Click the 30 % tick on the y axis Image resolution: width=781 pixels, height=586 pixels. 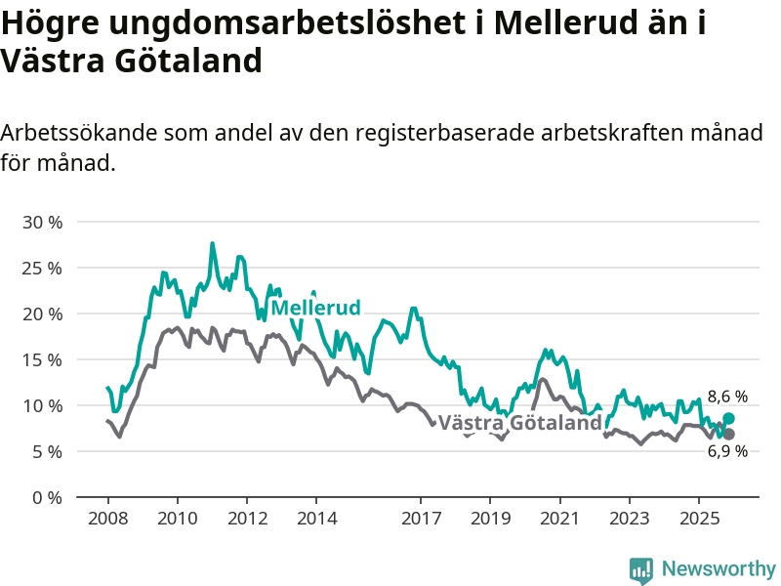[42, 222]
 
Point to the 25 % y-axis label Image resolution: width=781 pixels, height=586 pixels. [42, 268]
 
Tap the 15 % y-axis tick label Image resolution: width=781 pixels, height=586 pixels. [42, 359]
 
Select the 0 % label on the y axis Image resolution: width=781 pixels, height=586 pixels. [47, 497]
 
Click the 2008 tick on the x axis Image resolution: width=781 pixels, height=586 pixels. [106, 517]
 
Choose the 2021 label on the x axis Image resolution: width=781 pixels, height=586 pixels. [559, 517]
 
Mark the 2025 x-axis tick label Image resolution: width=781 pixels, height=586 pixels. [698, 517]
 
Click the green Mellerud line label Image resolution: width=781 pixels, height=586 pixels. [315, 308]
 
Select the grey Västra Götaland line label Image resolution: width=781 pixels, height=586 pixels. [520, 423]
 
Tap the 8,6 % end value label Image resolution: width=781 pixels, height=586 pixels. [727, 397]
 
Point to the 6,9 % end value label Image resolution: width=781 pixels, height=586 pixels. [727, 451]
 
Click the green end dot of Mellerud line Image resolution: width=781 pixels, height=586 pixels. [728, 418]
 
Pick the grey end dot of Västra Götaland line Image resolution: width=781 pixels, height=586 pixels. [728, 434]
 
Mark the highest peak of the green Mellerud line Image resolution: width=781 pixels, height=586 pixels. [212, 244]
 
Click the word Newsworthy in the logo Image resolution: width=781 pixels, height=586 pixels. [719, 568]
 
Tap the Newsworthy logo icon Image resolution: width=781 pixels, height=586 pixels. [641, 569]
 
